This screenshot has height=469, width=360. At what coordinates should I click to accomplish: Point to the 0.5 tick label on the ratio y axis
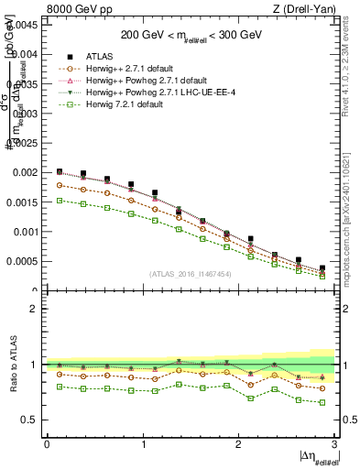click(29, 420)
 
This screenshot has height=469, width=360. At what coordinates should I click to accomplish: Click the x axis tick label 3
click(335, 444)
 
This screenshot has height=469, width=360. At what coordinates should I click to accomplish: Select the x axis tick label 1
click(143, 444)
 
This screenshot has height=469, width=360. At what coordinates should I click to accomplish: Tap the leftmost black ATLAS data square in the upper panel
click(60, 171)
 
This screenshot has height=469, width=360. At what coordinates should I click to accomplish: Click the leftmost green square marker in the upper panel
click(60, 200)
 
